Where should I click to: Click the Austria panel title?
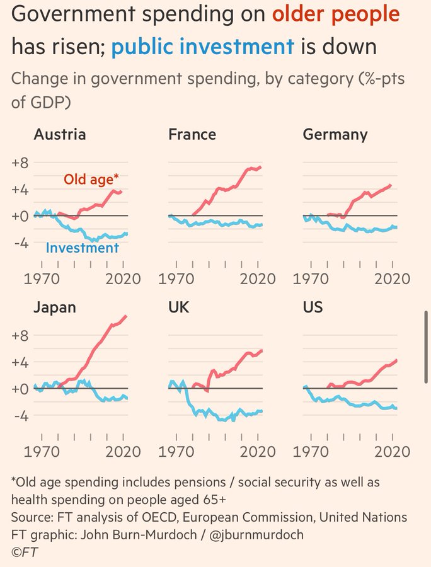coord(59,135)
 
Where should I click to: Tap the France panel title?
coord(192,135)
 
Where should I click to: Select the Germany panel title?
coord(335,135)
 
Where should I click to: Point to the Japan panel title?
coord(55,307)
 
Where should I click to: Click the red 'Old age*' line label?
coord(91,180)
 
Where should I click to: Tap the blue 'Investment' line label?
coord(82,248)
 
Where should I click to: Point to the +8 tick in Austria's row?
coord(21,163)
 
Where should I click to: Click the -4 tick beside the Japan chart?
coord(21,416)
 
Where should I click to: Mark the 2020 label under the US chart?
coord(392,451)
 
